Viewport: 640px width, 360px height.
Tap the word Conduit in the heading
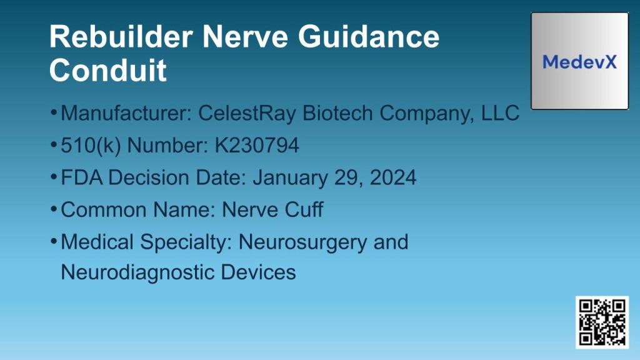point(108,70)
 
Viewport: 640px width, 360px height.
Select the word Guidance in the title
point(368,37)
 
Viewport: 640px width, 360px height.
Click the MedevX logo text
point(579,62)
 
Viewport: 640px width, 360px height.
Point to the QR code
point(602,322)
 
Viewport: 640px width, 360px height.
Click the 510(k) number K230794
point(257,146)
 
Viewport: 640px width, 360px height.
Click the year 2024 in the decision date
point(393,178)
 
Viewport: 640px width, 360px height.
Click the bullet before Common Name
point(54,209)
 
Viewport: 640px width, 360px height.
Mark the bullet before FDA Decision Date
point(54,177)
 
